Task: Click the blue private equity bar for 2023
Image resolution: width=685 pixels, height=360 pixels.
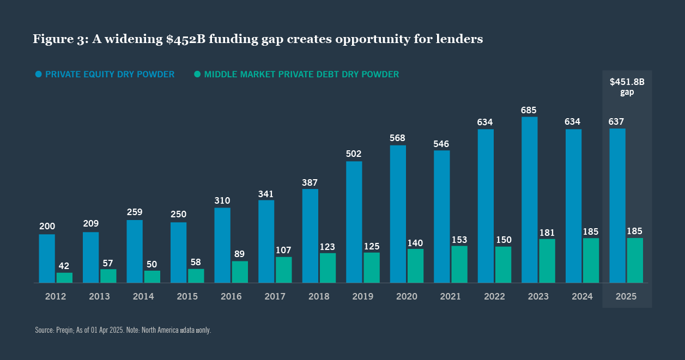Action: pos(530,200)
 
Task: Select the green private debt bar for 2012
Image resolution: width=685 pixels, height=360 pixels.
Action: pos(64,277)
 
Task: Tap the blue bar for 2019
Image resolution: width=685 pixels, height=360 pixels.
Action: pos(354,222)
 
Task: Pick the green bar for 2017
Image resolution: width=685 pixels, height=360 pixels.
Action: pos(284,270)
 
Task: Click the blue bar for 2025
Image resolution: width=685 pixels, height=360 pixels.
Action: pos(617,206)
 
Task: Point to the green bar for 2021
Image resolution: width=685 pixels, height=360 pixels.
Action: pos(459,264)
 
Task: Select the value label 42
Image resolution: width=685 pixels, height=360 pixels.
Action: pos(64,266)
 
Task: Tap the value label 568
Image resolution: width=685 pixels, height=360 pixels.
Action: pos(398,138)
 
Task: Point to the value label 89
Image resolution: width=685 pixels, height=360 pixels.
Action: pos(240,254)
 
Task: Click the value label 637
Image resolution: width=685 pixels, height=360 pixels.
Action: pos(617,122)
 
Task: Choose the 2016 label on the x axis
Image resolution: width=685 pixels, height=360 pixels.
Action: pos(231,297)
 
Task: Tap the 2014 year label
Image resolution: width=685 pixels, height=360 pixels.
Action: pos(143,297)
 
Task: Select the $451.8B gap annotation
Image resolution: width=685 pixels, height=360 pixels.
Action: pos(627,87)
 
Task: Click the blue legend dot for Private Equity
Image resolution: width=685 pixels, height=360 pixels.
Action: pos(38,74)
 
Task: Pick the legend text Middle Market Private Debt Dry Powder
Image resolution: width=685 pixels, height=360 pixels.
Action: pos(301,74)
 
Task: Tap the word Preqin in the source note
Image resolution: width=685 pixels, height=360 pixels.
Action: pos(64,331)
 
